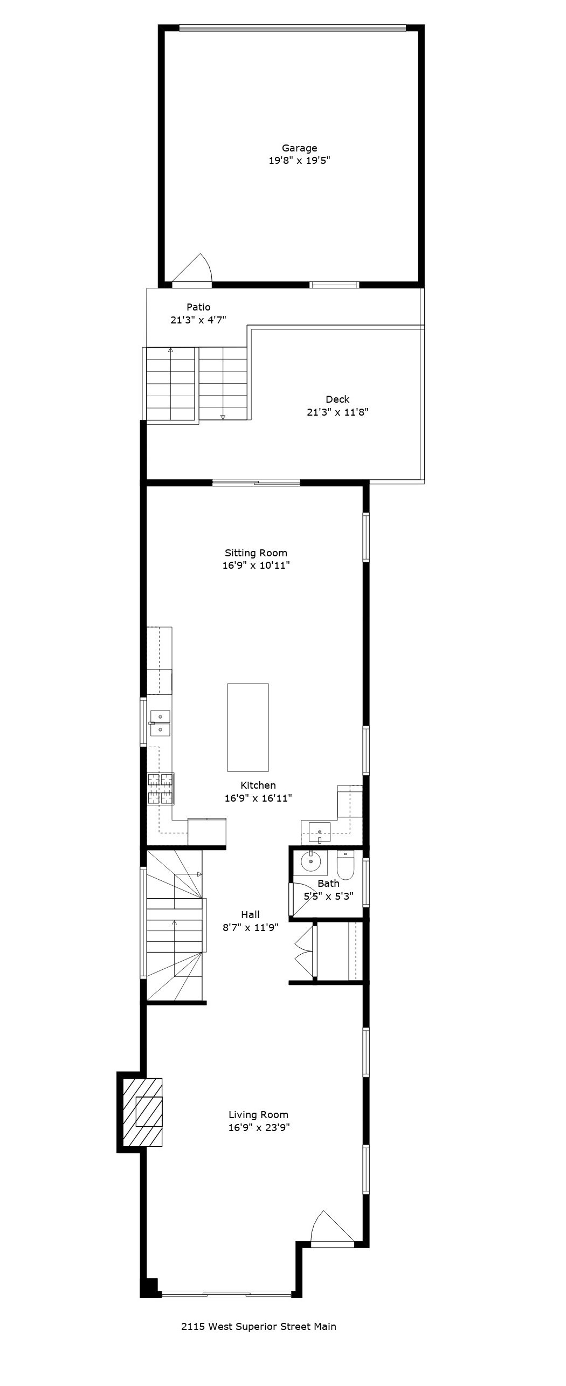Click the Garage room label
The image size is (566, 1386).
[x=299, y=148]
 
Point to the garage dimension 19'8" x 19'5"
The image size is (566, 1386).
[x=299, y=161]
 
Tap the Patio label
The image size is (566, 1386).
[x=198, y=307]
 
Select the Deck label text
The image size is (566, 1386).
[x=337, y=399]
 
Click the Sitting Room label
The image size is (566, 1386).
[x=256, y=553]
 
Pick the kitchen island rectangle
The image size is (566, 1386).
[x=248, y=727]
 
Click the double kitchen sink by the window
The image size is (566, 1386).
[x=160, y=723]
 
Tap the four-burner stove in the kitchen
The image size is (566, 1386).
[x=161, y=789]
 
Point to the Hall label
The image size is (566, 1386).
[x=250, y=915]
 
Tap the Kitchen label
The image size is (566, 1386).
[x=258, y=785]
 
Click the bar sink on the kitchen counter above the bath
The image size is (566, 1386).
[x=320, y=830]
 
